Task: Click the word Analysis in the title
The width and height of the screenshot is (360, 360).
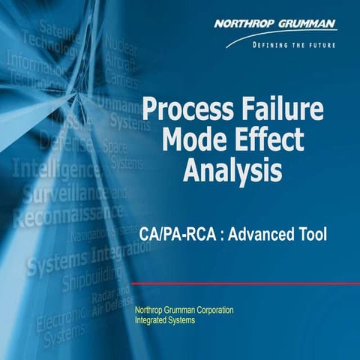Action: click(x=232, y=171)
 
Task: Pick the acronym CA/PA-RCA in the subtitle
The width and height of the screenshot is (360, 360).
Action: click(x=177, y=235)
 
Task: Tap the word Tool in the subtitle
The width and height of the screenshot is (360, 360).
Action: click(x=311, y=235)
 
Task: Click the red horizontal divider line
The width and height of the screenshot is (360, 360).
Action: click(x=240, y=283)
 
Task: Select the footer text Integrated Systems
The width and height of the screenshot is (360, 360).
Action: click(x=164, y=321)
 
